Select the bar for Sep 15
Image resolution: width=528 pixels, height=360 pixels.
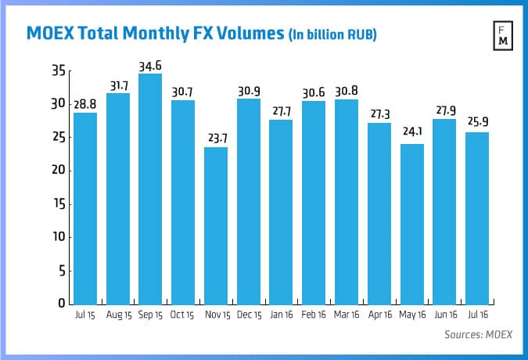(x=150, y=189)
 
